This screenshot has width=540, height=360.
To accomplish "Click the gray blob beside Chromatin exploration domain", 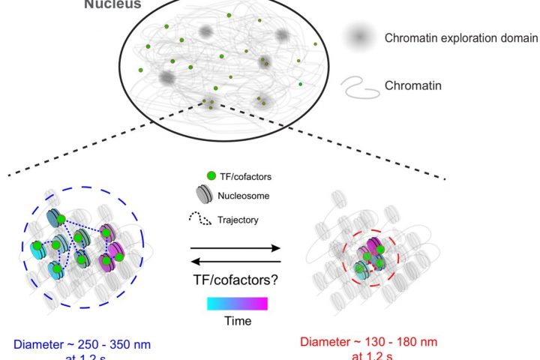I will (x=360, y=37).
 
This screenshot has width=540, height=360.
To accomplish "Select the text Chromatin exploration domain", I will (x=460, y=37).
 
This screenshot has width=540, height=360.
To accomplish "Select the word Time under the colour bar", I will (x=235, y=321).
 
